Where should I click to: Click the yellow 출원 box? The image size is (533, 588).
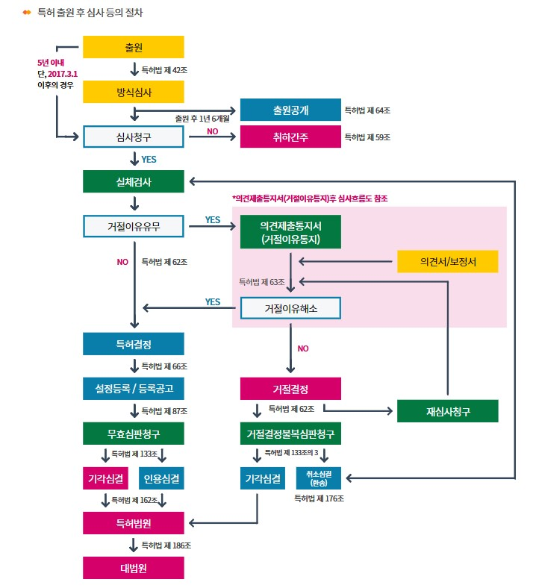tap(133, 47)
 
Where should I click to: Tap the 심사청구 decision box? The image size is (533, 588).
tap(133, 137)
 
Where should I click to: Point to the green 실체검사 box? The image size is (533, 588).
tap(133, 181)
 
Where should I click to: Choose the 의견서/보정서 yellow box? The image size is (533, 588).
tap(447, 261)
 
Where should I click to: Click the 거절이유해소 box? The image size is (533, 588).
tap(290, 307)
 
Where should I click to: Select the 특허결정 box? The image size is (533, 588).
tap(133, 344)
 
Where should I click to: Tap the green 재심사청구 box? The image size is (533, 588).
tap(447, 411)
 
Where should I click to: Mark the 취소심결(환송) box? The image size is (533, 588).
tap(321, 478)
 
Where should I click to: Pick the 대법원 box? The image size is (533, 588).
tap(133, 568)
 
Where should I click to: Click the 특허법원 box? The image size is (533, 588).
tap(133, 523)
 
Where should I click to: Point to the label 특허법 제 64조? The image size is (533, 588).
tap(367, 110)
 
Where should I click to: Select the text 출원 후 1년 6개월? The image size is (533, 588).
tap(203, 118)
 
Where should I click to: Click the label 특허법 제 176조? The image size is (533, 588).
tap(320, 498)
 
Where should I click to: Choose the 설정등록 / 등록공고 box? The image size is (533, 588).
tap(133, 389)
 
